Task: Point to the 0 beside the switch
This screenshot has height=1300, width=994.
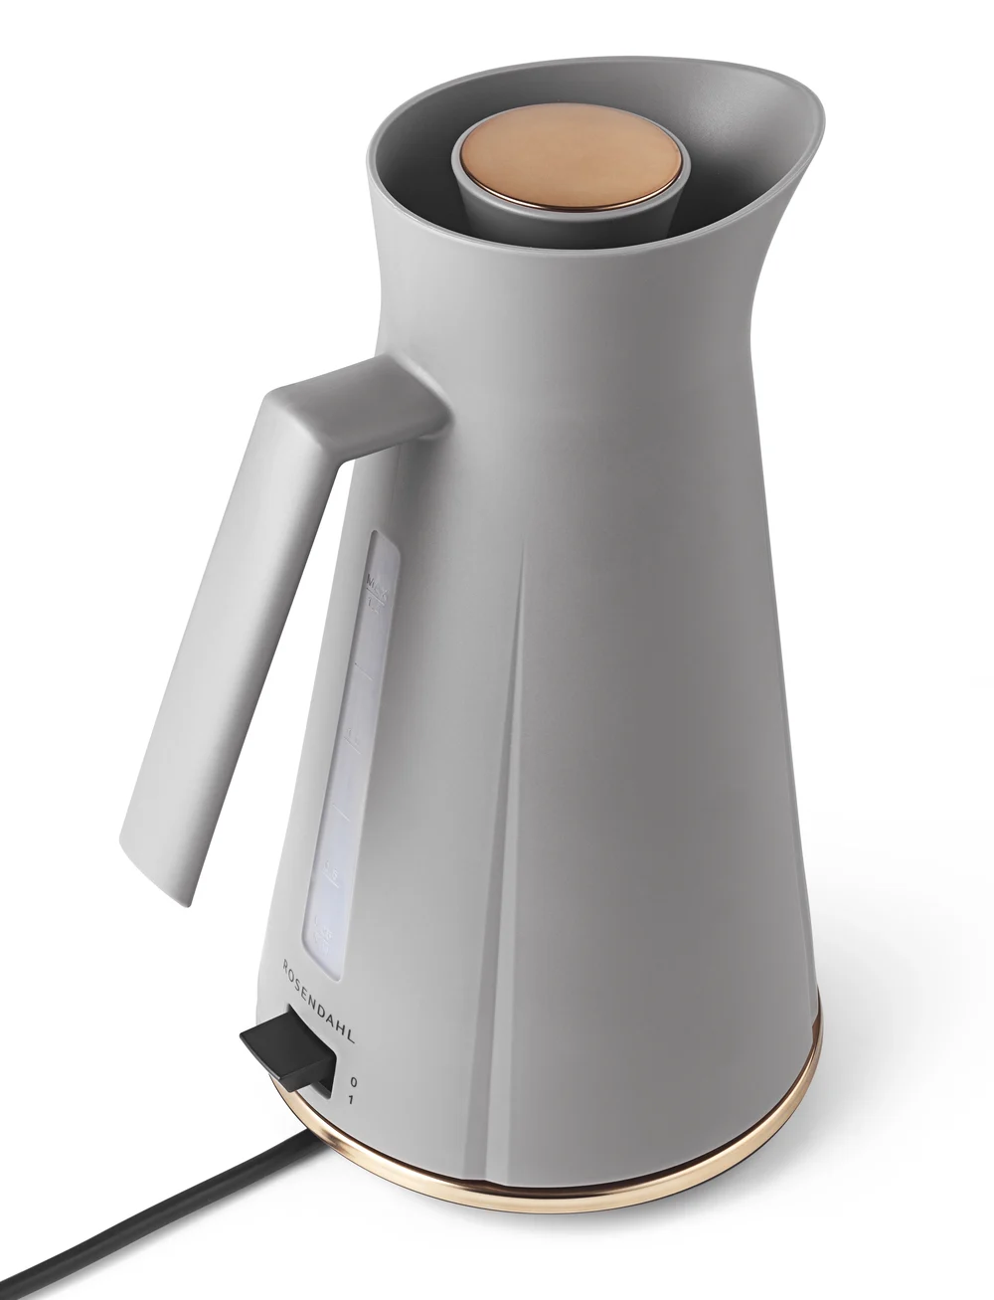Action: click(x=354, y=1079)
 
